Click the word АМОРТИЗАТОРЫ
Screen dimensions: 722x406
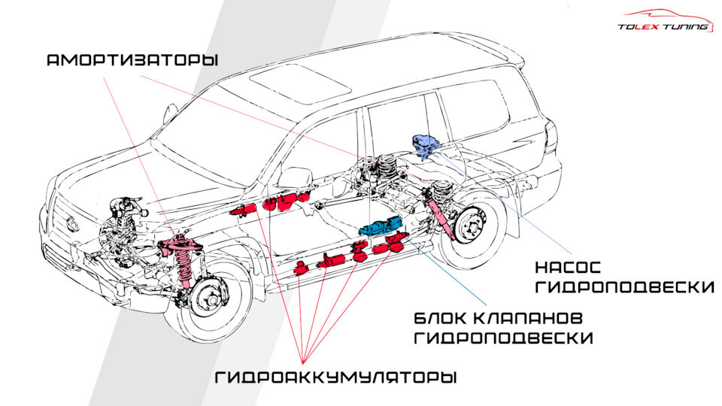point(132,60)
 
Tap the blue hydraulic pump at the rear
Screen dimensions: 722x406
point(426,144)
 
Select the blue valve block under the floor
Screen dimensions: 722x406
point(383,226)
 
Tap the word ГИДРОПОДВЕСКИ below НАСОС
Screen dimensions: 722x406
point(623,288)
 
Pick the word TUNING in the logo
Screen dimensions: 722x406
point(685,27)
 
